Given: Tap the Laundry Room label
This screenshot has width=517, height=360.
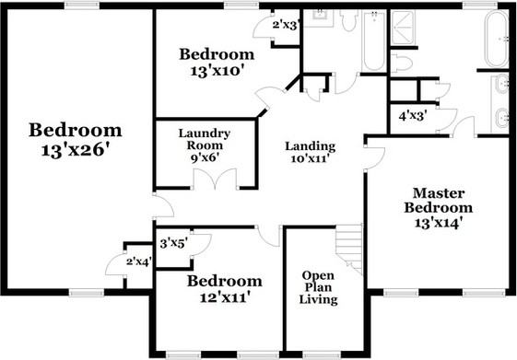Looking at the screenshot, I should tap(205, 145).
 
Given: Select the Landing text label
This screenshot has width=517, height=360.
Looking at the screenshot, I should tap(310, 152).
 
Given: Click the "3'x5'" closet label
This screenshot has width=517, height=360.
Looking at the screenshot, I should tap(173, 244).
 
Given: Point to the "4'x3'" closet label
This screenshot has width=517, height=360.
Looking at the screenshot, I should tap(412, 117).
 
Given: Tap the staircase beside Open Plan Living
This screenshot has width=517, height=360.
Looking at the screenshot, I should tap(350, 247).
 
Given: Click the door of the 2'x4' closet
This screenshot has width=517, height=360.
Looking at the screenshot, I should tap(114, 265).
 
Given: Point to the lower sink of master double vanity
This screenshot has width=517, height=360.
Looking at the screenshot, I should tap(502, 118).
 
